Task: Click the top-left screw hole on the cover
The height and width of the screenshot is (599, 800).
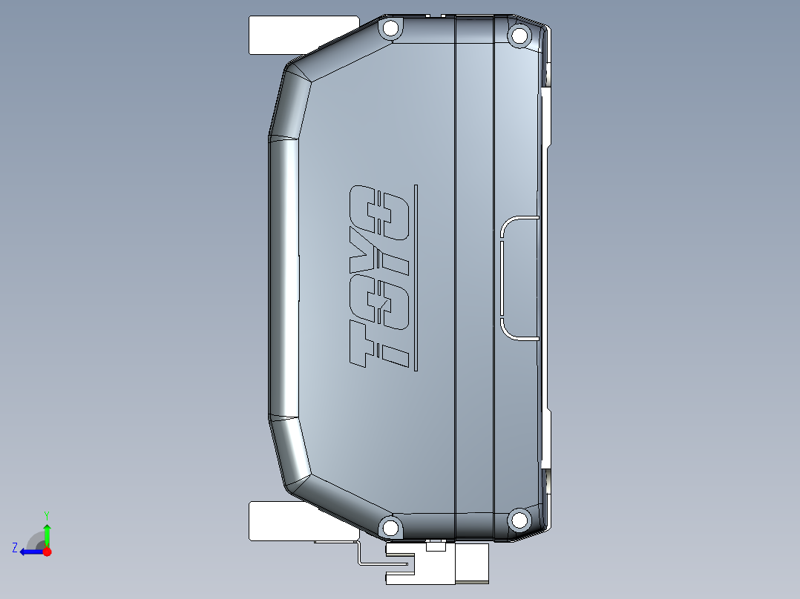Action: tap(390, 28)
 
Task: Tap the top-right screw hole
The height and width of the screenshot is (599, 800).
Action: tap(519, 36)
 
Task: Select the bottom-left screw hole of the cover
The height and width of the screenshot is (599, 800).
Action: tap(390, 527)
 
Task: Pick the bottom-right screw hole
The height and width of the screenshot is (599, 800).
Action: tap(519, 520)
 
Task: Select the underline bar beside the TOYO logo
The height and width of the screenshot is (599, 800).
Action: tap(416, 278)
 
